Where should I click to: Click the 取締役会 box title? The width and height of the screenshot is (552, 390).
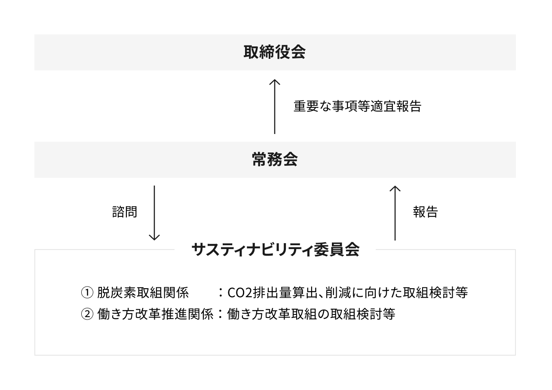coord(275,52)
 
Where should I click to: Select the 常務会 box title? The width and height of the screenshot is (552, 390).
coord(275,159)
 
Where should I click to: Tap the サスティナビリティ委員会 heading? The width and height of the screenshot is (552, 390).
coord(275,250)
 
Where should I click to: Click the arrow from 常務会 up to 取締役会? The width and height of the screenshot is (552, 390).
coord(275,107)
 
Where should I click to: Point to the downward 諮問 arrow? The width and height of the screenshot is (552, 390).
coord(154,213)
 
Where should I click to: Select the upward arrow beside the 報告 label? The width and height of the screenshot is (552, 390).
coord(395,213)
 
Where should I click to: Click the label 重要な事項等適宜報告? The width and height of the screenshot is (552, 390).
coord(357,107)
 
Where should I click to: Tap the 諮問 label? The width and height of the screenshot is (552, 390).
coord(125,212)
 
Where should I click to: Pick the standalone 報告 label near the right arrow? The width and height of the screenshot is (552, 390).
coord(425,212)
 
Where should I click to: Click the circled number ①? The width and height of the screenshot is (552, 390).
coord(87,293)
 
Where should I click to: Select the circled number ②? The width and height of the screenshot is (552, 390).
coord(87,314)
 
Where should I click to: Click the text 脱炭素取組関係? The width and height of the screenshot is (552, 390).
coord(143,293)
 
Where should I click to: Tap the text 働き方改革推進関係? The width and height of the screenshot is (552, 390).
coord(155,314)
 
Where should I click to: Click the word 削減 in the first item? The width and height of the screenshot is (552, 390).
coord(338,293)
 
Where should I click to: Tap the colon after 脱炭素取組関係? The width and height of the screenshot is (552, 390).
coord(221,293)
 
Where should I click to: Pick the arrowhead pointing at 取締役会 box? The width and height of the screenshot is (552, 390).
coord(275,82)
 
